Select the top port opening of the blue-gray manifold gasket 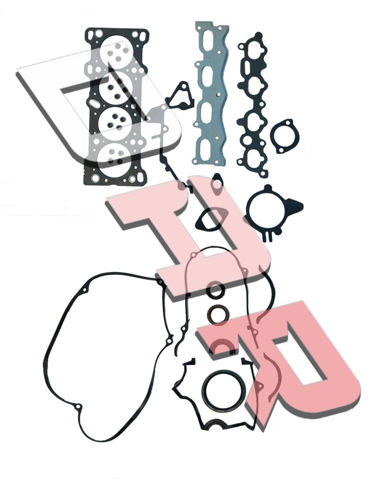[210, 45]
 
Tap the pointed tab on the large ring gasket [296, 205]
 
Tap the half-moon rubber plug [222, 346]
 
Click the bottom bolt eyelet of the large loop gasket [78, 407]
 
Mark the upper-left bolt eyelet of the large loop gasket [85, 290]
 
